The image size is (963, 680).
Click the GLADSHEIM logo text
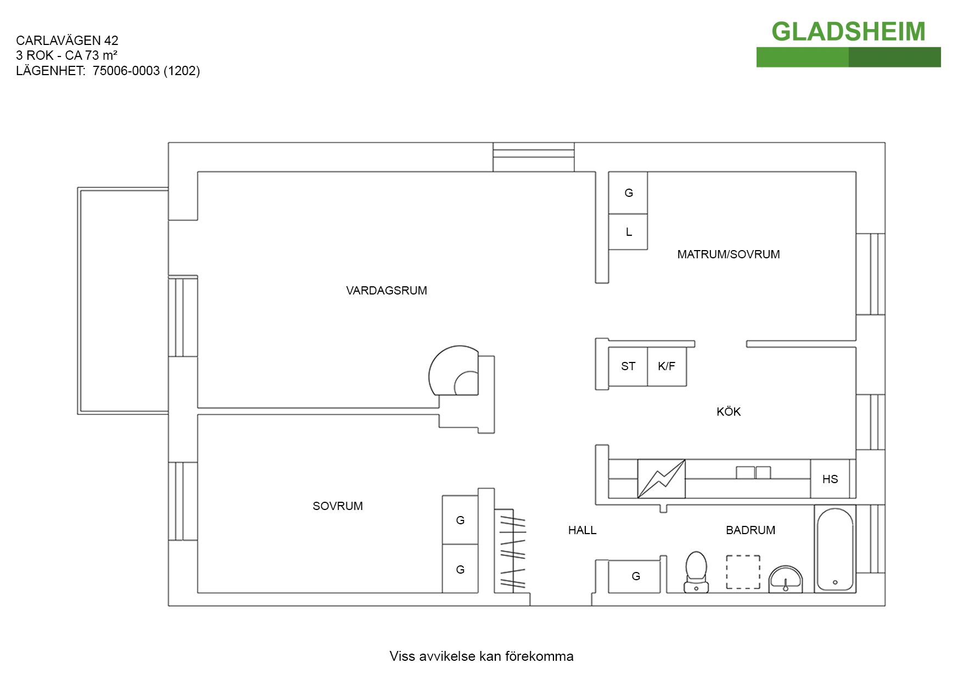848,32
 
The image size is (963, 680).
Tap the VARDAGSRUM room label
387,291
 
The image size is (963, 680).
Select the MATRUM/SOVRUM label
728,254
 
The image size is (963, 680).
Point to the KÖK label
728,412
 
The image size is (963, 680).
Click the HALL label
582,530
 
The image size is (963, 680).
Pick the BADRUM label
750,530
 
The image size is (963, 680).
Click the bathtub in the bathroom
835,548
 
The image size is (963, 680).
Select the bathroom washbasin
785,579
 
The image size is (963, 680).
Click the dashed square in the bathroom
743,572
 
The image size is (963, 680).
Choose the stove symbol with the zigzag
661,479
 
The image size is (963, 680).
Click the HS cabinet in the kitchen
830,479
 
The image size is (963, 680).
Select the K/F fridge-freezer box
667,366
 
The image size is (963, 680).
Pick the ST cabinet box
628,366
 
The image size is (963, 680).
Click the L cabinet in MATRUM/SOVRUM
628,232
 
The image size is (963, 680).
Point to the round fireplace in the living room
455,372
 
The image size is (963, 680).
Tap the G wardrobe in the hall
635,576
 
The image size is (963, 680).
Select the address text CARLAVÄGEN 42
67,41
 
